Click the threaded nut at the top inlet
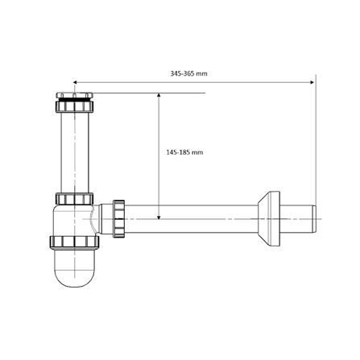(77, 106)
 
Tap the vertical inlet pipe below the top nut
(77, 153)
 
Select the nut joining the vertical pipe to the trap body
(76, 199)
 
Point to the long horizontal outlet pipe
(185, 216)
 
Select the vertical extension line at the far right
(315, 145)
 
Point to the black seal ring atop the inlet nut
(77, 97)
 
